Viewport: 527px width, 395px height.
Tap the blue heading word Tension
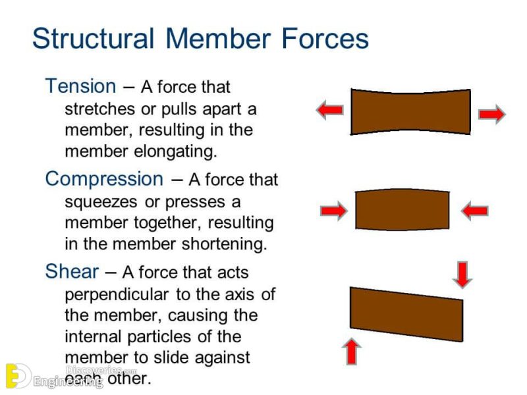[80, 86]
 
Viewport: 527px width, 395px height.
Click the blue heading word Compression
[104, 179]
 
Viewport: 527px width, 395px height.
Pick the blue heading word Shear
[72, 271]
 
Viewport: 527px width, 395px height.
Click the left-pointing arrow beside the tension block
[329, 110]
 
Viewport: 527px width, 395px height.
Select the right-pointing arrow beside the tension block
[491, 115]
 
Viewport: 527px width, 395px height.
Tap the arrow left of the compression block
[333, 211]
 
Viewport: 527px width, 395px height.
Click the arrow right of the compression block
[474, 211]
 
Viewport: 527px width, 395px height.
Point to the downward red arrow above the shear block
[463, 274]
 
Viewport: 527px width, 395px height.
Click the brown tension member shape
[410, 112]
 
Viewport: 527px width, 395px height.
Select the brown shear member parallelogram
[406, 314]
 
